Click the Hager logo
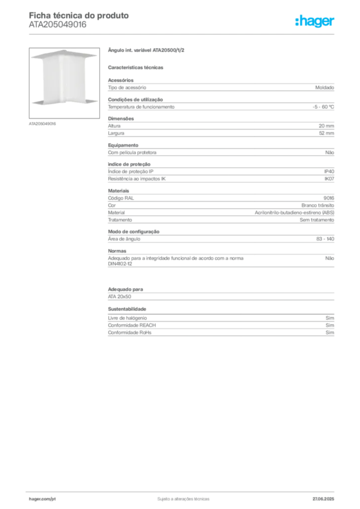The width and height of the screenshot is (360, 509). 314,21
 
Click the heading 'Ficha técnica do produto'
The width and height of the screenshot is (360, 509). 79,15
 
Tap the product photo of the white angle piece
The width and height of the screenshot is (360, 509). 64,83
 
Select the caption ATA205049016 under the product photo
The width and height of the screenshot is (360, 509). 42,124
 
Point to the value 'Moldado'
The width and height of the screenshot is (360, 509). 325,87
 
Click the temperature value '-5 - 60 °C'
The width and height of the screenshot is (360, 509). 323,107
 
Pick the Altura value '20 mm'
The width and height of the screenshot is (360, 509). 326,126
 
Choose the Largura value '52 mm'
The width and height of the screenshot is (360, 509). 326,133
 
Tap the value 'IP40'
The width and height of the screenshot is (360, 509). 329,171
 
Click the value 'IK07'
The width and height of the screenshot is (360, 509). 329,179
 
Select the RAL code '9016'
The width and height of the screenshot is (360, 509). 329,198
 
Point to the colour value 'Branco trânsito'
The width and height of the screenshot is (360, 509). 318,205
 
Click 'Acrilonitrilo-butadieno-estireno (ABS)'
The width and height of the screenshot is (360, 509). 294,213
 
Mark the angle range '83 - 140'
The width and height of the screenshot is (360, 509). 325,239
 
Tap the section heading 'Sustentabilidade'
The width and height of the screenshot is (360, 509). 127,309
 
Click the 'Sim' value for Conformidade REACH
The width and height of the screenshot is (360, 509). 330,325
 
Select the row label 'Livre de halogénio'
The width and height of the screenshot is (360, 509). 127,318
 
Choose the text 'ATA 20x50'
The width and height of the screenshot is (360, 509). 119,297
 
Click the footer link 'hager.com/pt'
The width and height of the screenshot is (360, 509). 42,499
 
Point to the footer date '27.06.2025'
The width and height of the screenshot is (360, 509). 323,499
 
